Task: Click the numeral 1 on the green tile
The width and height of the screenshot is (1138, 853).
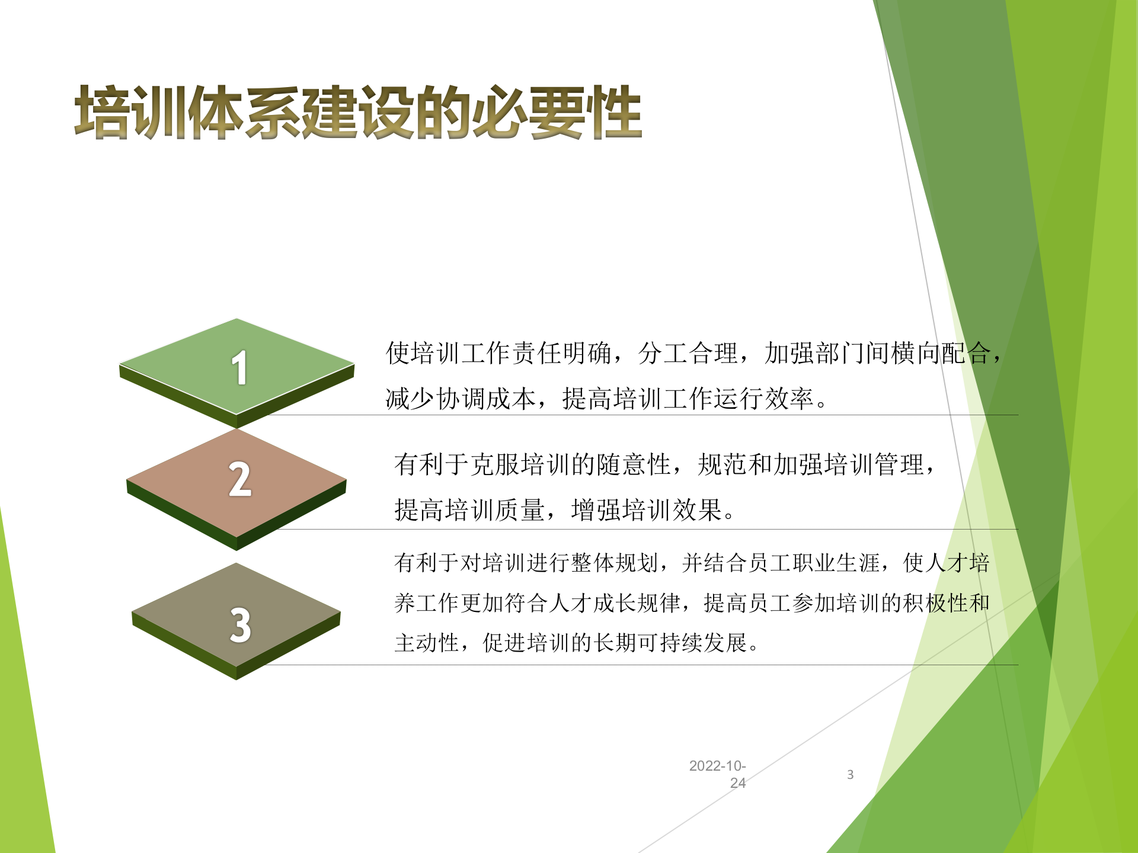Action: click(x=239, y=368)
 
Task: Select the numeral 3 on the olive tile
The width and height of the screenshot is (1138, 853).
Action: click(x=240, y=625)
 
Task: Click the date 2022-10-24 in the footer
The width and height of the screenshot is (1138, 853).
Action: click(x=718, y=774)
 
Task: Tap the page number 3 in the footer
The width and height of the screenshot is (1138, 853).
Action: click(x=850, y=774)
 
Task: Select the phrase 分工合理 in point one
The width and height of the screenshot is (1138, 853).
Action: click(x=688, y=354)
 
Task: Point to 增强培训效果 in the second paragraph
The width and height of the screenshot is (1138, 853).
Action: click(x=646, y=510)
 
